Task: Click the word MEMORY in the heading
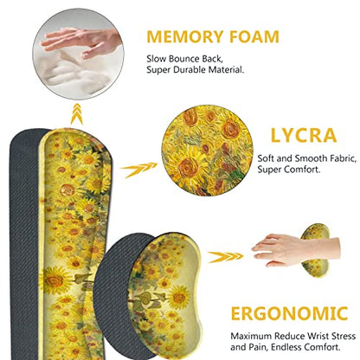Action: (185, 36)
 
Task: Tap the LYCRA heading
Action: (304, 135)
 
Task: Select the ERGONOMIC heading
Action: (289, 313)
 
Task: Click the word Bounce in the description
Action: (183, 59)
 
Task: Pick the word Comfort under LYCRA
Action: (302, 170)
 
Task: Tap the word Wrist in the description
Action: (318, 336)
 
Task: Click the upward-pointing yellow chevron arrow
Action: (77, 113)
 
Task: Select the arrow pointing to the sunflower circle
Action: (138, 170)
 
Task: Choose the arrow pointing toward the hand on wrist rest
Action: (226, 257)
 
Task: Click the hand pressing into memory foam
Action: (81, 42)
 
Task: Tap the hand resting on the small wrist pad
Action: (295, 250)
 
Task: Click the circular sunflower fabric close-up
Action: (208, 151)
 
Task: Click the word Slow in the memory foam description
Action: (157, 59)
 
